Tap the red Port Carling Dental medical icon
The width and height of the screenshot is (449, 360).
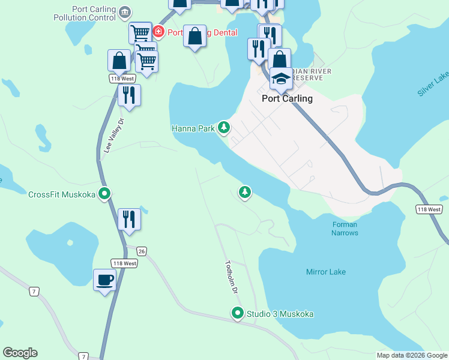click(x=158, y=32)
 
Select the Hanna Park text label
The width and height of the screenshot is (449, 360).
click(x=193, y=128)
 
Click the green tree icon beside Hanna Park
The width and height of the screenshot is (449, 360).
click(x=224, y=127)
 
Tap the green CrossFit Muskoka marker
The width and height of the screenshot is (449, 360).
click(x=105, y=194)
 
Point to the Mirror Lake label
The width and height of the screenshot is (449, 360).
click(x=326, y=272)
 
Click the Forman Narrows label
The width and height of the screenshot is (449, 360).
click(x=345, y=229)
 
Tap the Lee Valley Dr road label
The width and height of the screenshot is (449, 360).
click(x=113, y=136)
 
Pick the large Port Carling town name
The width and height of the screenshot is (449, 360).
click(x=288, y=99)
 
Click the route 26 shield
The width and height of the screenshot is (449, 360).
click(x=141, y=251)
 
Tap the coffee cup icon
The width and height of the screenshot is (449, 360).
click(x=105, y=280)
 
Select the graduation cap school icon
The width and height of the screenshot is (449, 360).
click(x=280, y=78)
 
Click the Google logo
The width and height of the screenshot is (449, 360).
click(x=20, y=353)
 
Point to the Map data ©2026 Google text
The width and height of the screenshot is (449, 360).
click(x=412, y=355)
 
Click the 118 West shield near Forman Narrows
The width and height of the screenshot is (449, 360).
click(x=429, y=209)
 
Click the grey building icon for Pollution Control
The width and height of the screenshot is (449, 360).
click(x=125, y=11)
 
